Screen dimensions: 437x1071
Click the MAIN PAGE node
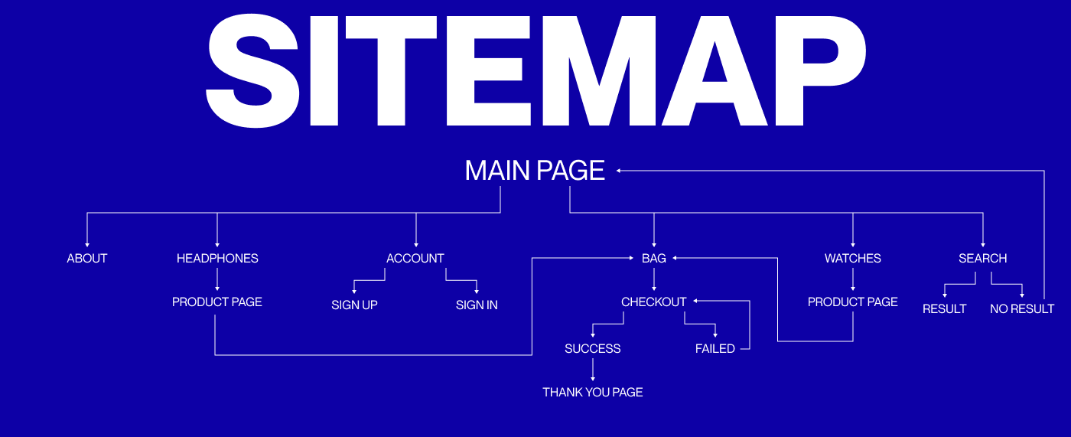[535, 170]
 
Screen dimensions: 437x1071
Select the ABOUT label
[87, 259]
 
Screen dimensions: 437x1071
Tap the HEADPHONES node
[217, 259]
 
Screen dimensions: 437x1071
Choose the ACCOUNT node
[415, 259]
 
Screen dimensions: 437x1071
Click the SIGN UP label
[354, 305]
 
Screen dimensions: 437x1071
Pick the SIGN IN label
[477, 305]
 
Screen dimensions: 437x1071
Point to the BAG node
[654, 259]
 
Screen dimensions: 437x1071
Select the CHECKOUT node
[654, 302]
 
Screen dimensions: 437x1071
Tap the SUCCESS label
[593, 349]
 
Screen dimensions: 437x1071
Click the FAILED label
[715, 349]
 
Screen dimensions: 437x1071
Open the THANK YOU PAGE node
[593, 393]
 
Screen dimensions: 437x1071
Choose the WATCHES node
[853, 259]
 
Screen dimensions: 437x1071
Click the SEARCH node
[983, 259]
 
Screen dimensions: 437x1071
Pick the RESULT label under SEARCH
[945, 309]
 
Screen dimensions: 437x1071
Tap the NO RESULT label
[1022, 309]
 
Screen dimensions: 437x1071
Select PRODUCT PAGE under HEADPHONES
[217, 302]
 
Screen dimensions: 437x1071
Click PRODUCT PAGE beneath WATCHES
[853, 302]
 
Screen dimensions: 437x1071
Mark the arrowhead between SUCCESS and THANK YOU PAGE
[593, 379]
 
